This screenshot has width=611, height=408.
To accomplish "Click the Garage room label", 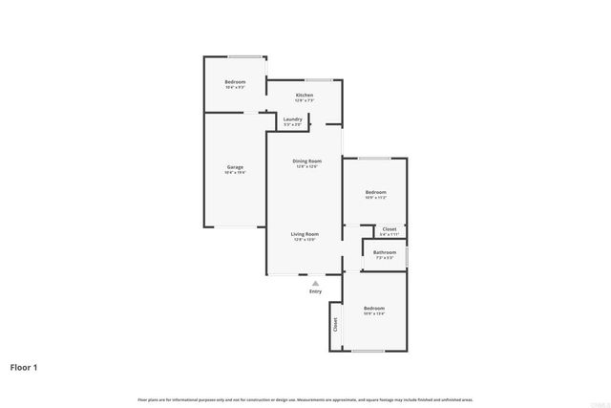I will [234, 167].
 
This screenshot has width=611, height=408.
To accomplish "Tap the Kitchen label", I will [305, 96].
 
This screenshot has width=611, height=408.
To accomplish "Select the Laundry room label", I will [292, 118].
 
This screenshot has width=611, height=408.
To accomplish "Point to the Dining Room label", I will [306, 161].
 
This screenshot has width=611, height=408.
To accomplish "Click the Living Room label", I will [305, 233].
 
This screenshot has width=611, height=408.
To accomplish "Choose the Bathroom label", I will [385, 252].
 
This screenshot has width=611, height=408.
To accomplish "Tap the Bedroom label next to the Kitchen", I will [235, 82].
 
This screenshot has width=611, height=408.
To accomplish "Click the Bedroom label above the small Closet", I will [375, 192].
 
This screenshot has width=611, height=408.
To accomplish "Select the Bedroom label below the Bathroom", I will [373, 308].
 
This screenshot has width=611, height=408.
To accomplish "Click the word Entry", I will [315, 291].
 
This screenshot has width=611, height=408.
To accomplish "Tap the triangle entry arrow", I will [315, 283].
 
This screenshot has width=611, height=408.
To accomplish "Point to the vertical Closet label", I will [335, 325].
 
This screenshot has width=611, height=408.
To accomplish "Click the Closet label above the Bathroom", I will [390, 229].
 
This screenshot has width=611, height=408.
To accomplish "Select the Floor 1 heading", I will [24, 367].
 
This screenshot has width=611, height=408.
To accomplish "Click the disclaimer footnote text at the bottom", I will [305, 399].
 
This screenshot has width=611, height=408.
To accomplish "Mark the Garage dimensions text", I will [234, 173].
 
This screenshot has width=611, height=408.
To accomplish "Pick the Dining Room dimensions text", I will [306, 167].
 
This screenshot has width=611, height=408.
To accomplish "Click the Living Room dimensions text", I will [305, 239].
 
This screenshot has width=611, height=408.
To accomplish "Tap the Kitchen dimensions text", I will [305, 101].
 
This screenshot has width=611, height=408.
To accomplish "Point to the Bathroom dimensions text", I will [385, 258].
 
